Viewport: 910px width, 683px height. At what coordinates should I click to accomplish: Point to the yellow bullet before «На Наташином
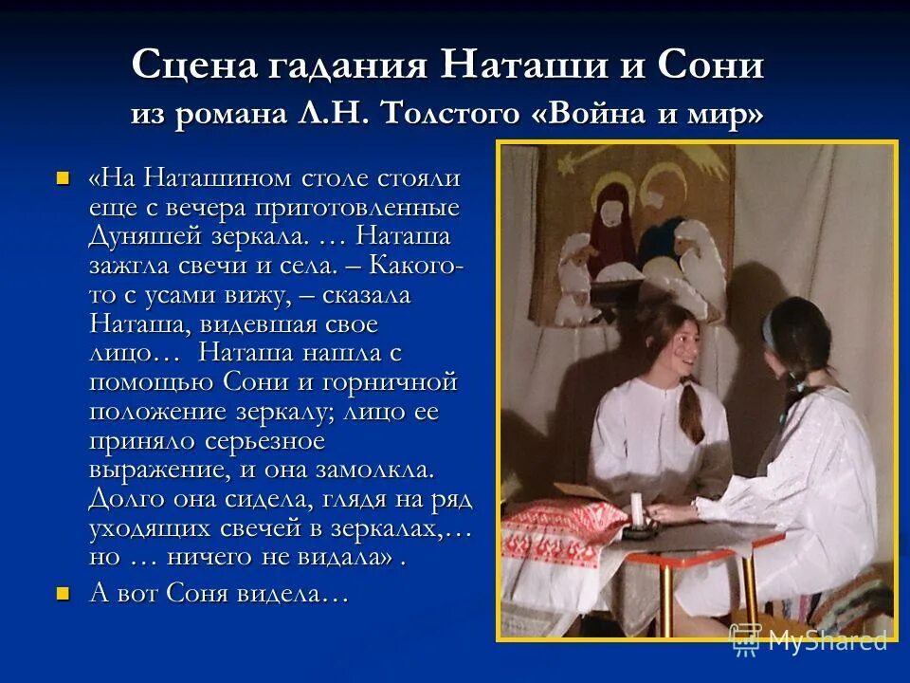64,177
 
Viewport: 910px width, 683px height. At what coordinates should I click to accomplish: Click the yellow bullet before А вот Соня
64,594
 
